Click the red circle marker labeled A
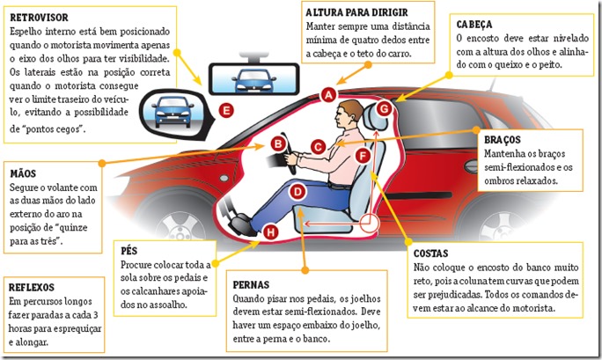pos(328,93)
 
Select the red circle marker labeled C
pos(319,148)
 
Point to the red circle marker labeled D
pos(297,190)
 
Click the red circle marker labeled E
pos(227,110)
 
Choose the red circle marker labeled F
pos(362,155)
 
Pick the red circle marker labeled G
pos(384,107)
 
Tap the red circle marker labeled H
pos(270,232)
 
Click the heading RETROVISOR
pos(39,16)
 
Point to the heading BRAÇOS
pos(503,139)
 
